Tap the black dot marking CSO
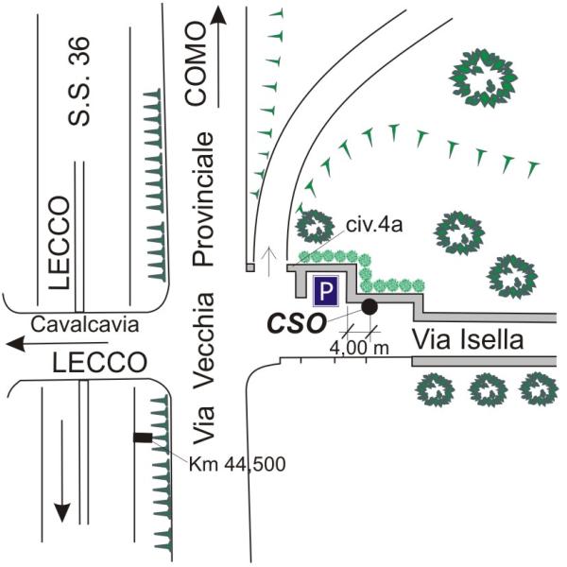coord(369,306)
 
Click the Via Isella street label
coord(468,340)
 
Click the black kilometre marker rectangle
coord(143,438)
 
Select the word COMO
coord(195,77)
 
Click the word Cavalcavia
coord(85,324)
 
